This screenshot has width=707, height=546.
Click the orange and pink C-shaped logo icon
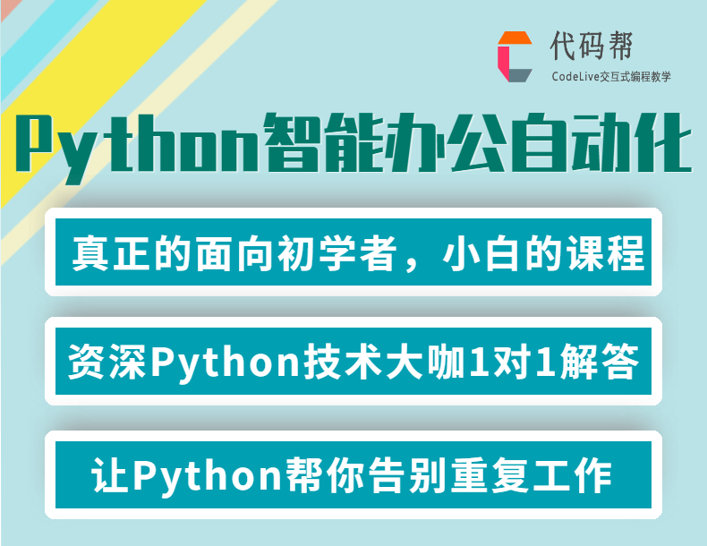pyautogui.click(x=515, y=56)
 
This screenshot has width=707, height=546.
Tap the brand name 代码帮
pyautogui.click(x=592, y=46)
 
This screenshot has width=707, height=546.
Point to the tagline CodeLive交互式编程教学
pyautogui.click(x=611, y=77)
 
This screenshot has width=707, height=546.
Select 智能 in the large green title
pyautogui.click(x=324, y=143)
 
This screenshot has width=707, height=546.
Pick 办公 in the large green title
pyautogui.click(x=447, y=143)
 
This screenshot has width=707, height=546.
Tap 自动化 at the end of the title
pyautogui.click(x=601, y=143)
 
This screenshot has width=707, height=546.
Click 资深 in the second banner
pyautogui.click(x=106, y=362)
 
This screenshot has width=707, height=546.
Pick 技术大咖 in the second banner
pyautogui.click(x=383, y=362)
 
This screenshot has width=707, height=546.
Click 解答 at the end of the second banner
pyautogui.click(x=600, y=362)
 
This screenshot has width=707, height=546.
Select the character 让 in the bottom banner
pyautogui.click(x=109, y=475)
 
